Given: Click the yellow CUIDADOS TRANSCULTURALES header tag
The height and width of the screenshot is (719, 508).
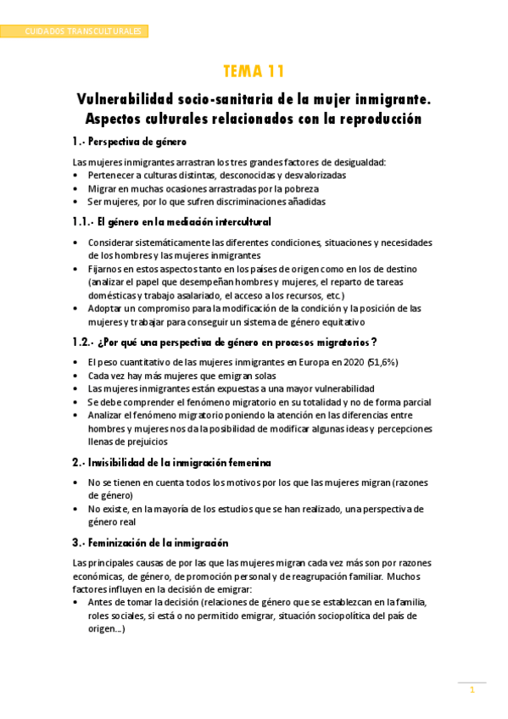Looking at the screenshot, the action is [75, 31].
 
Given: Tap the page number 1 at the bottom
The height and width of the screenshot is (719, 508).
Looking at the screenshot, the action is [472, 690].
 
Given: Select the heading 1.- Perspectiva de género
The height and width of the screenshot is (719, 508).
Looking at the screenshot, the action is [130, 141].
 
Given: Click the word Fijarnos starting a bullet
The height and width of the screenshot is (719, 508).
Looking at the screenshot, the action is [108, 269].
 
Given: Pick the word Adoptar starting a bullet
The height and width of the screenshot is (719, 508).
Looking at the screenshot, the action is [108, 309].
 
